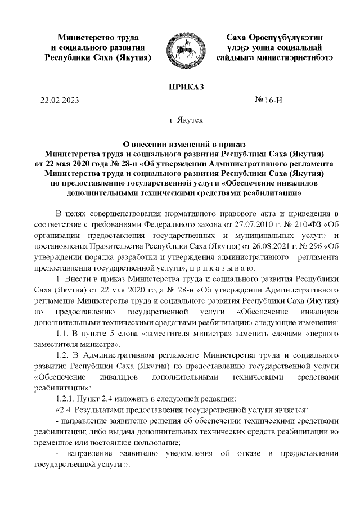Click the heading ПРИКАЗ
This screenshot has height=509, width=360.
179,86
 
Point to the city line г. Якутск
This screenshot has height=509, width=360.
179,120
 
